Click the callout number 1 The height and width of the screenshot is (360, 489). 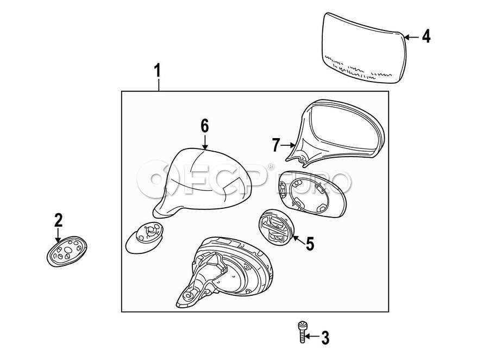158,71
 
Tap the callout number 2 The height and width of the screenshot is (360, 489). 58,220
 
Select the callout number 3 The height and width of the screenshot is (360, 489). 325,338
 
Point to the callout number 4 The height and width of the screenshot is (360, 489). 426,36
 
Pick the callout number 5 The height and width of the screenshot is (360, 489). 310,243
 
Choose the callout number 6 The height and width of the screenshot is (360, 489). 204,126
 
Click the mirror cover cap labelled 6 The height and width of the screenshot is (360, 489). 204,179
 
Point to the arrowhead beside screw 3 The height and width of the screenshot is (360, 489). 308,338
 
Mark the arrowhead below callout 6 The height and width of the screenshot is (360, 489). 204,146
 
